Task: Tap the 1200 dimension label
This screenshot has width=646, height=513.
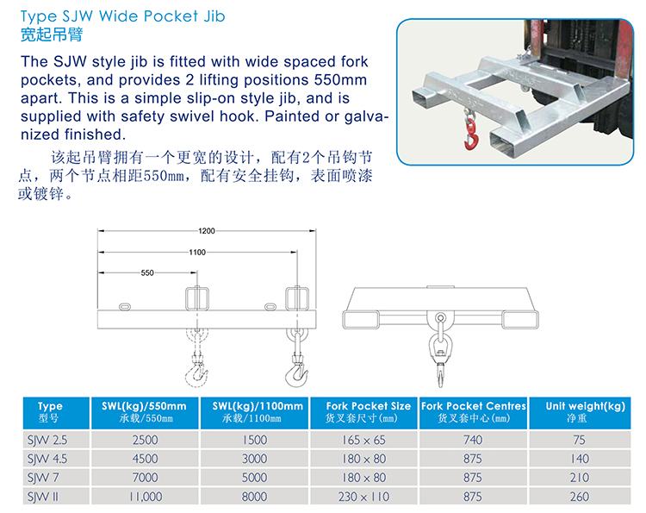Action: click(x=207, y=231)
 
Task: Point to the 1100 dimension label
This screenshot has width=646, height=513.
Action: click(x=197, y=252)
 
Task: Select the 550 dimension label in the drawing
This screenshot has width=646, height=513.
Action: click(x=147, y=272)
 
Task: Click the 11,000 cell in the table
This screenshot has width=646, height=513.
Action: click(x=146, y=497)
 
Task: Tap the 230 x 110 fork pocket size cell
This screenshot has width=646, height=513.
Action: click(x=363, y=497)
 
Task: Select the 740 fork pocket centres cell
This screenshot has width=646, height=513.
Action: click(x=473, y=440)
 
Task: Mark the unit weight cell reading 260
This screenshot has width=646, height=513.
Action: click(x=580, y=497)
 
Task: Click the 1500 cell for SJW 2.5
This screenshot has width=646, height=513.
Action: click(x=255, y=440)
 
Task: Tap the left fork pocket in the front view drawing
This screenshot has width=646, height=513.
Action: click(x=361, y=320)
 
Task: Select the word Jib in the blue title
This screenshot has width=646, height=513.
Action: click(x=214, y=16)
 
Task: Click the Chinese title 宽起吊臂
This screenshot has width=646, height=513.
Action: click(x=52, y=34)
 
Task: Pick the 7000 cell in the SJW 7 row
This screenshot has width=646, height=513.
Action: click(x=145, y=478)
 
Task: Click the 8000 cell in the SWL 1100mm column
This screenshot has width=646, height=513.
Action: click(x=255, y=497)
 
